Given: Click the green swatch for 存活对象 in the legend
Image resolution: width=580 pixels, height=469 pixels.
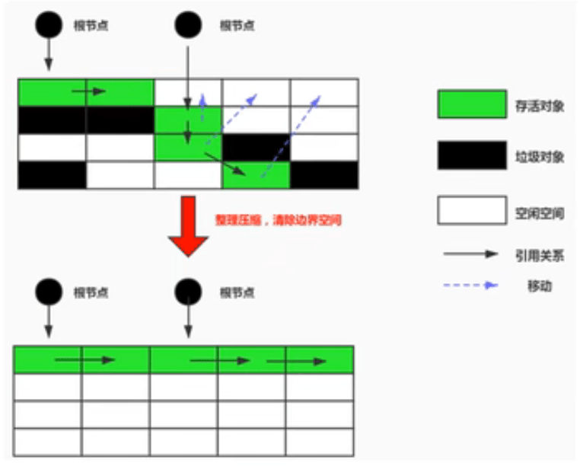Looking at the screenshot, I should [471, 104].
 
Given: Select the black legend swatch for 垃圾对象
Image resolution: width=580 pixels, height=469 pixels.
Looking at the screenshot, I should [471, 156].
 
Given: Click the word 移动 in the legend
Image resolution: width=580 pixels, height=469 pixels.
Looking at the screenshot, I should [538, 286].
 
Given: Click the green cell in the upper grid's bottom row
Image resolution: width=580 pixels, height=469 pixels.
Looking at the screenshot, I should [256, 175].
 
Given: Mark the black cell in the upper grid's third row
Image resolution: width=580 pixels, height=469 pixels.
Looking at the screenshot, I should [256, 148].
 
